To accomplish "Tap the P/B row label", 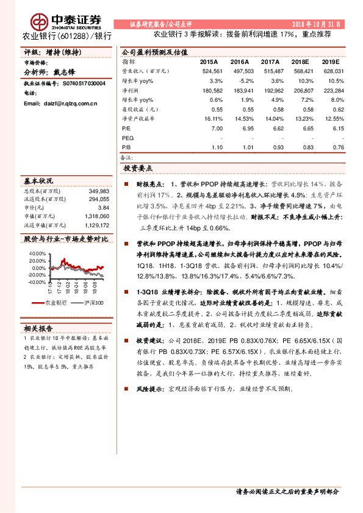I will (x=127, y=147).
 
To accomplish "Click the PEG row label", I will (x=128, y=138).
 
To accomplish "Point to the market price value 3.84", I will (x=104, y=208).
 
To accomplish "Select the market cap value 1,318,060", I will (x=96, y=216).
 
